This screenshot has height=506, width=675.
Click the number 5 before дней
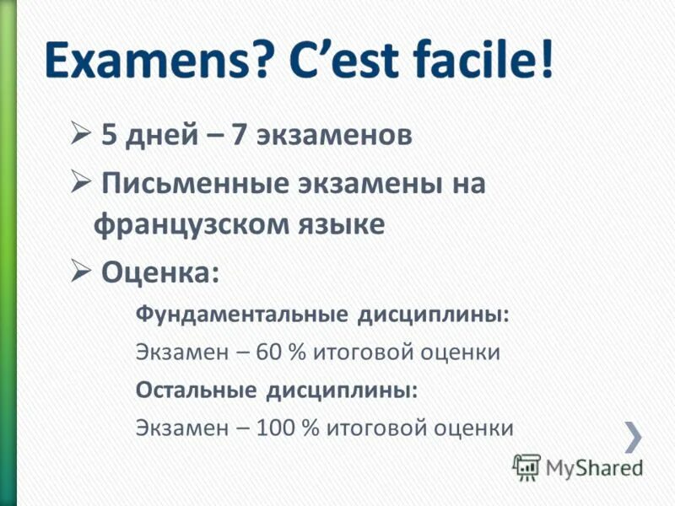[x=109, y=135]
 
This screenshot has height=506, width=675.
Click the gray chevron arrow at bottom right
[x=634, y=436]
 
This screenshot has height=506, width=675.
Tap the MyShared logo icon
[x=526, y=467]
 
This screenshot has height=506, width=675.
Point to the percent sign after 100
[x=307, y=428]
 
